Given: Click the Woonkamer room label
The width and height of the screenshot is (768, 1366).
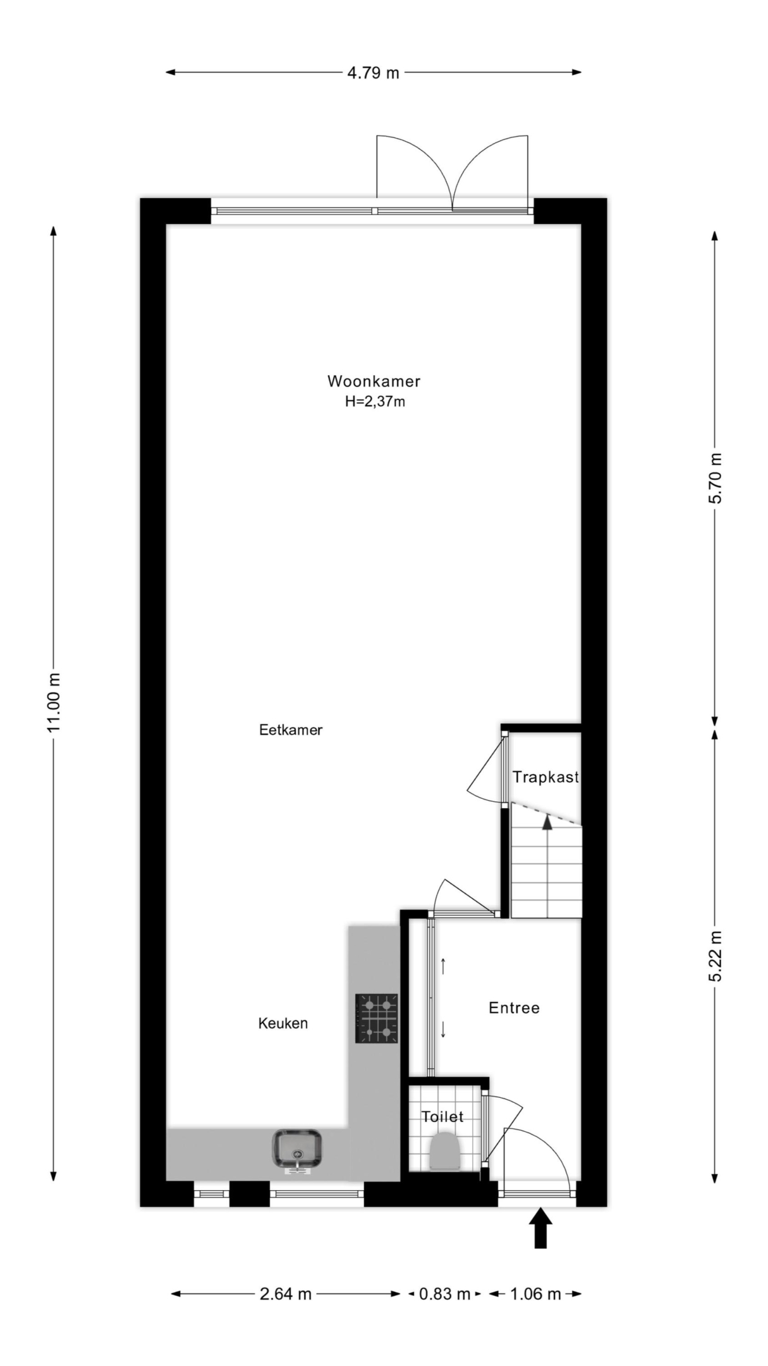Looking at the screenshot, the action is click(374, 381).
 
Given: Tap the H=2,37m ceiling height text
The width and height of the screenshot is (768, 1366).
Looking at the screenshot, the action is click(375, 401).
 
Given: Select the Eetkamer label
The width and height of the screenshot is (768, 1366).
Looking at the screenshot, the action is click(291, 730).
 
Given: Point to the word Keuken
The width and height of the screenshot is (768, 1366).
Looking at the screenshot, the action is click(283, 1023).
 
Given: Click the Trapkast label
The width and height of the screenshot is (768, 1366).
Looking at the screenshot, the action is click(546, 777).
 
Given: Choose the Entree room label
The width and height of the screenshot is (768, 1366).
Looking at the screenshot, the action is click(514, 1007).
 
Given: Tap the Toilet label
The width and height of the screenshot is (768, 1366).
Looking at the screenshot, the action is click(442, 1117).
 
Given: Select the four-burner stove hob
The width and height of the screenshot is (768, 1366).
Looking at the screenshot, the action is click(377, 1018).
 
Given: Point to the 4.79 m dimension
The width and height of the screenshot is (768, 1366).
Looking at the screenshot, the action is click(373, 73).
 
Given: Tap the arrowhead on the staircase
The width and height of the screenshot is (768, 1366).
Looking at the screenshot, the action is click(547, 821).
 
